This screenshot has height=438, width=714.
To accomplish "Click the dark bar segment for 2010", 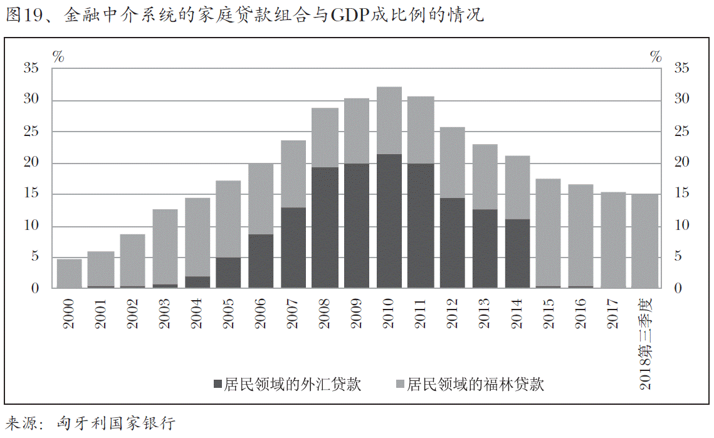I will tap(389, 221).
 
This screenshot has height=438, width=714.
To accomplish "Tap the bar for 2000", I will tap(69, 273).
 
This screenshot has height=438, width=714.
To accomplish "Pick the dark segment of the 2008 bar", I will tap(325, 227).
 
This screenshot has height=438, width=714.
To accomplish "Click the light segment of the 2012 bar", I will tap(453, 162).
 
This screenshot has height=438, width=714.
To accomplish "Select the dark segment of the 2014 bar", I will tap(517, 253).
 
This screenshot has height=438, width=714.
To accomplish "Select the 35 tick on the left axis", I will tap(31, 69).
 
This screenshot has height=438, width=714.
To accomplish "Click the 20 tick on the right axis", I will tap(681, 163).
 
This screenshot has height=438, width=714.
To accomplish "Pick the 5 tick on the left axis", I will tap(35, 257).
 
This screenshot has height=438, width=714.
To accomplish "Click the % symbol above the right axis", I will tap(656, 57).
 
